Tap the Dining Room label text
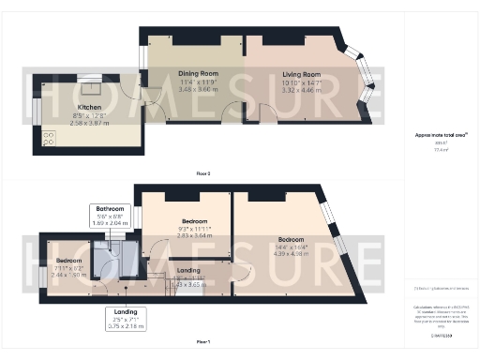198,72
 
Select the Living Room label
299,74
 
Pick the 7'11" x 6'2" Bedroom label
68,259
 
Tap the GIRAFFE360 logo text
440,334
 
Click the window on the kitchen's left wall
37,112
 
